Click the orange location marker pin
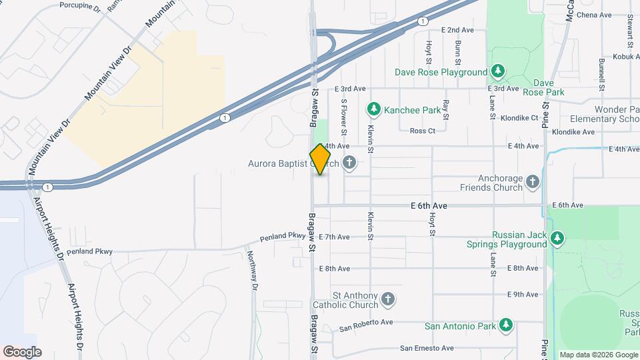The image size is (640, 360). pyautogui.click(x=321, y=159)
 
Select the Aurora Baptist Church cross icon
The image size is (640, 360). pyautogui.click(x=349, y=163)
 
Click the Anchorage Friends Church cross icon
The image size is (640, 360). pyautogui.click(x=532, y=181)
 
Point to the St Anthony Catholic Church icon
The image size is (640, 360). pyautogui.click(x=389, y=301)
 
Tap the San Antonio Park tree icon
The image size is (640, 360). pyautogui.click(x=507, y=325)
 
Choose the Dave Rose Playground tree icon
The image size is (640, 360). pyautogui.click(x=497, y=71)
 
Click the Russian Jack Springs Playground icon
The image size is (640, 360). pyautogui.click(x=557, y=237)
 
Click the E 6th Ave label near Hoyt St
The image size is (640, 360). pyautogui.click(x=429, y=206)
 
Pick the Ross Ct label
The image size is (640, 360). pyautogui.click(x=422, y=131)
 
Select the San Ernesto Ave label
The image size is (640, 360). pyautogui.click(x=427, y=348)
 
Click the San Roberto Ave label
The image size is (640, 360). pyautogui.click(x=366, y=324)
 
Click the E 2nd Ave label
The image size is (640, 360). pyautogui.click(x=457, y=30)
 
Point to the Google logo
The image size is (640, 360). pyautogui.click(x=22, y=351)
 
